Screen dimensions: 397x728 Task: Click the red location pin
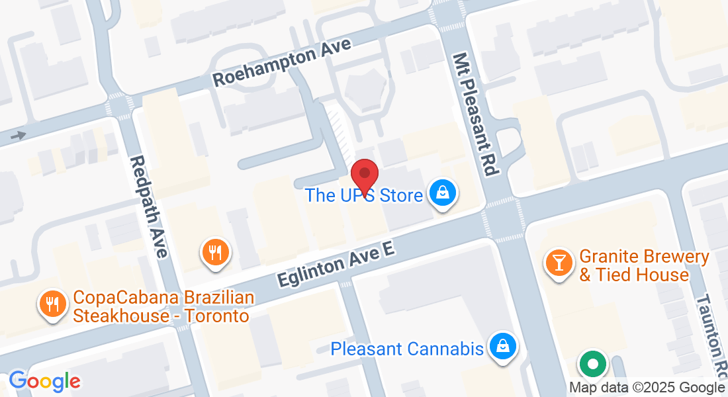pos(364,173)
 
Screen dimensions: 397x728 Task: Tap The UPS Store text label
pos(363,196)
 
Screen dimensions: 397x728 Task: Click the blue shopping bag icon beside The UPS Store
pos(441,195)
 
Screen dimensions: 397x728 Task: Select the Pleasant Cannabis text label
pos(407,349)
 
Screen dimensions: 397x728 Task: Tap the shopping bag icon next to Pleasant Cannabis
pos(503,345)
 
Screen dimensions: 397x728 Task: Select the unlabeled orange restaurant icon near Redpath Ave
pos(215,251)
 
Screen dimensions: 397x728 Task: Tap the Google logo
pos(44,382)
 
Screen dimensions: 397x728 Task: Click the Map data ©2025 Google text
pos(647,388)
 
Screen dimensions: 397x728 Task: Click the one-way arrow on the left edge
pos(19,136)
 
